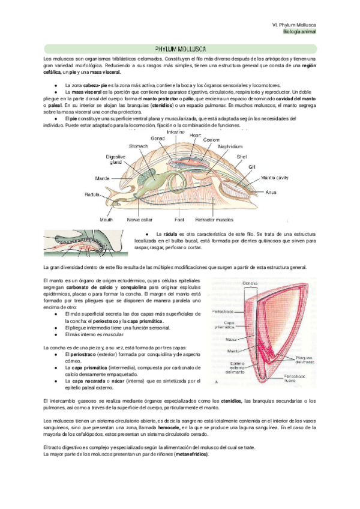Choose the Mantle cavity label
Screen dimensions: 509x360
275,178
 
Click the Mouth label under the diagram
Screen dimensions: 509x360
106,220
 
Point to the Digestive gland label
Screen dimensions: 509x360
115,159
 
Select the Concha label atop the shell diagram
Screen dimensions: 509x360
250,284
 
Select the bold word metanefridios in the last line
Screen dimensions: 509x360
191,454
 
